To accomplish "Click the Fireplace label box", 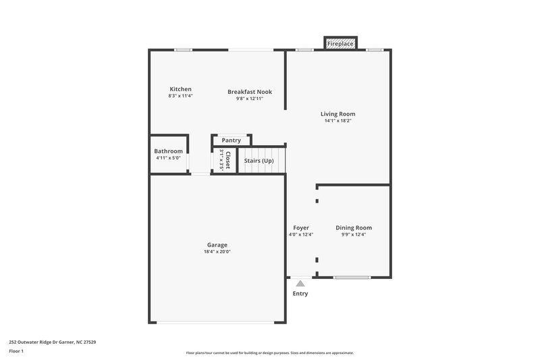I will point(340,44).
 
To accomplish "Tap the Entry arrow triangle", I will point(300,284).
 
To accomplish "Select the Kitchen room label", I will point(180,89).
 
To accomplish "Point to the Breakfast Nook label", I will point(249,92).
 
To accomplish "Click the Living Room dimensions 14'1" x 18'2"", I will point(337,121).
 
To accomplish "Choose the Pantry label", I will point(231,140).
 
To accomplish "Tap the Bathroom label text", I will point(168,151).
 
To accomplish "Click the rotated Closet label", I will point(228,160).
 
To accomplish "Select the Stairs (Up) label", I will point(259,161).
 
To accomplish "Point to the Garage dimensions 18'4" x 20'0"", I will point(217,251).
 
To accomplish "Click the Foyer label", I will point(300,228).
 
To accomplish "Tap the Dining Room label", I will point(354,228).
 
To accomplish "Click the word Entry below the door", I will point(300,294).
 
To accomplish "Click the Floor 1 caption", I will point(16,352).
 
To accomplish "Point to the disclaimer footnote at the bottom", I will point(269,353).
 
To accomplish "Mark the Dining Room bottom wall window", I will point(352,278).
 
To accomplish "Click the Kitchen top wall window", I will point(182,49).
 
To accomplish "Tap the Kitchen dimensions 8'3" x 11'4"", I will point(180,96).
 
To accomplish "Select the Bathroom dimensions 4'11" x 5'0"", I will point(168,158).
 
